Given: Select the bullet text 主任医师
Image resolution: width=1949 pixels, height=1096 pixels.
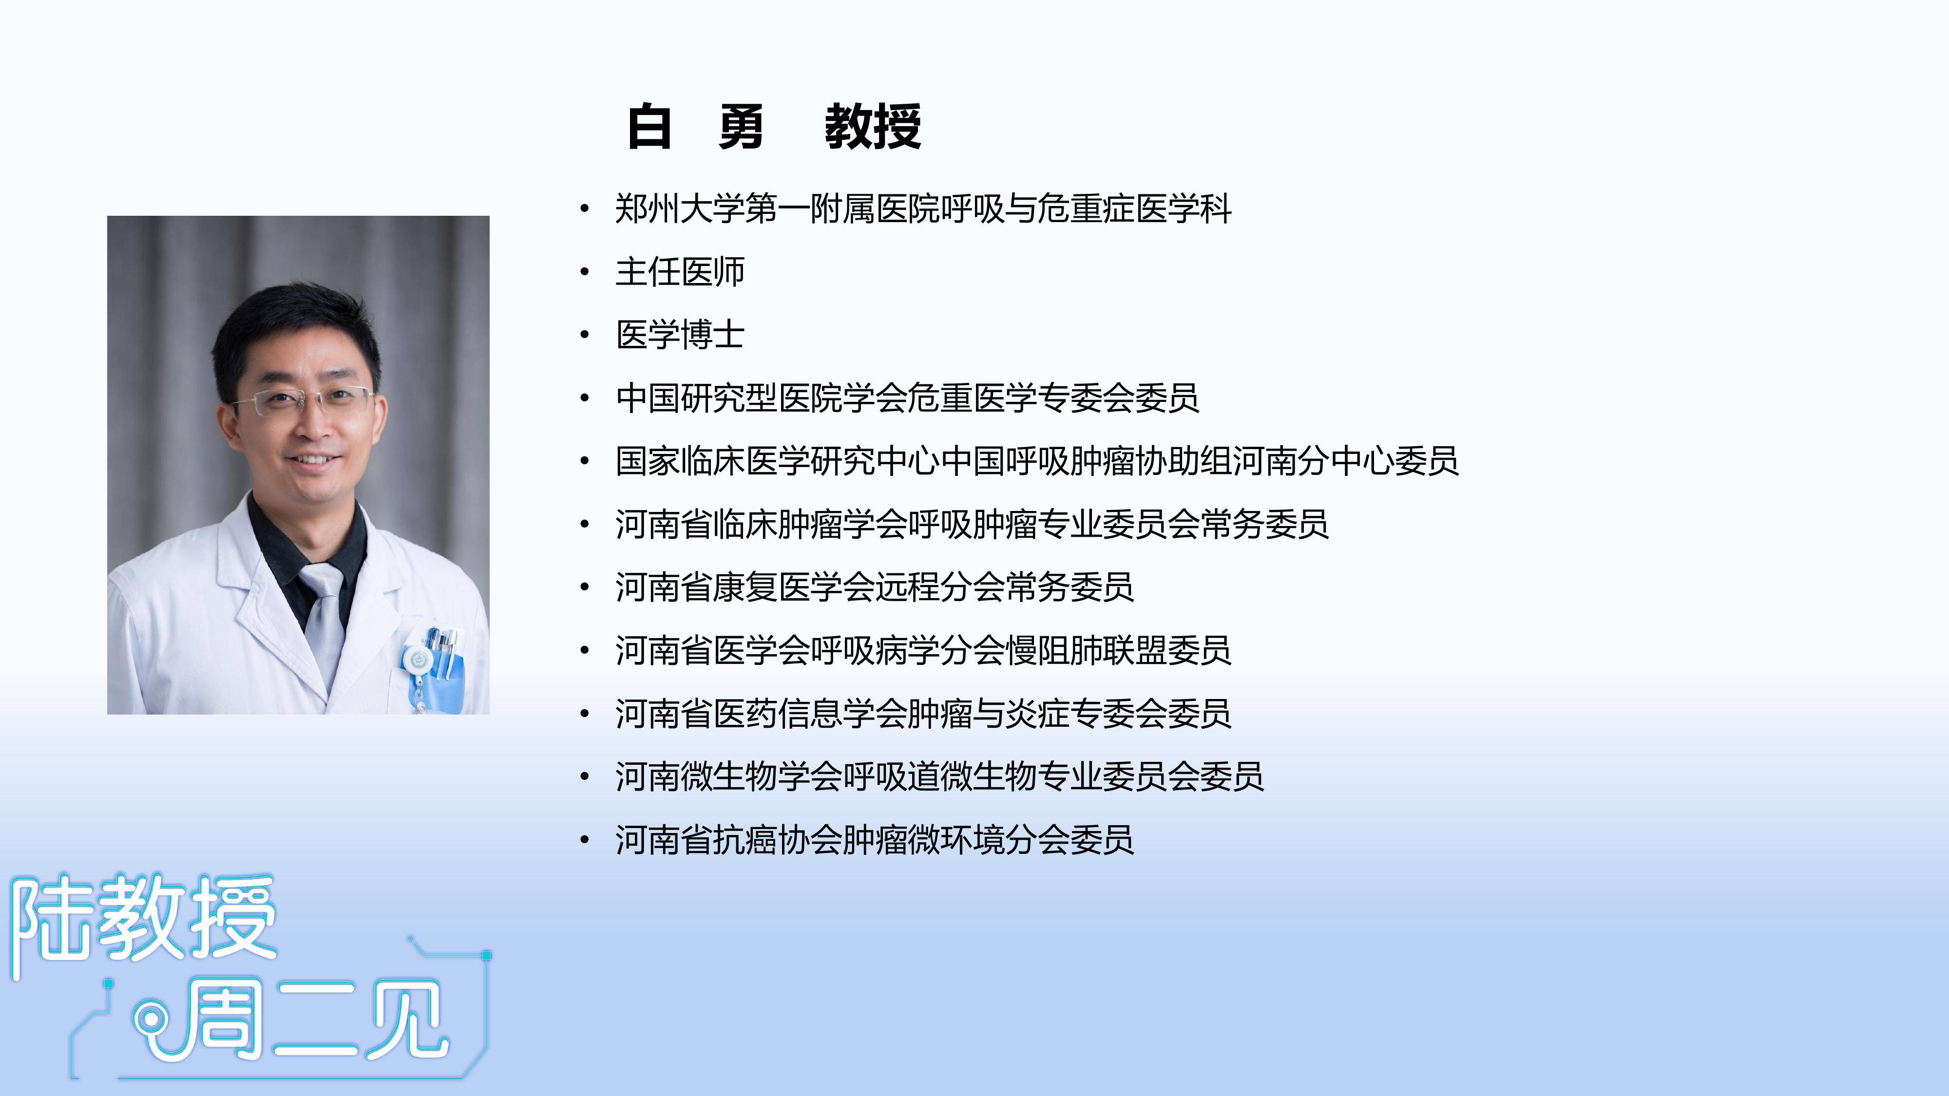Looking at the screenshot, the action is [680, 271].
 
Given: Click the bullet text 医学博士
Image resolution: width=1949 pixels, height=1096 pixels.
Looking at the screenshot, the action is [680, 334].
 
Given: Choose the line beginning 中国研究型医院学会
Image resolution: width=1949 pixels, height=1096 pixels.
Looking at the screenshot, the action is [907, 398].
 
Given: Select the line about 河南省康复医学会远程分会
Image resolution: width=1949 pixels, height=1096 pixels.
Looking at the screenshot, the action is [875, 587].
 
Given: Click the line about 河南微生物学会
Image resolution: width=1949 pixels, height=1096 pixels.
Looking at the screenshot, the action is [940, 776].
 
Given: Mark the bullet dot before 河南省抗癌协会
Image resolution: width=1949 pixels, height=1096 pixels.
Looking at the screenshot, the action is [584, 840].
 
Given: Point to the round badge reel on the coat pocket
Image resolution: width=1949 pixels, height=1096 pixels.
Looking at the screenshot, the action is [415, 661].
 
